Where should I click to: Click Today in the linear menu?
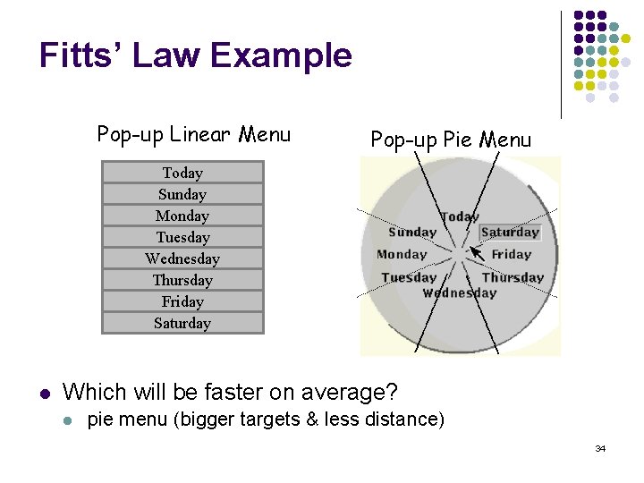182,173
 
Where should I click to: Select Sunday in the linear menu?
182,194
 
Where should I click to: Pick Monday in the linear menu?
182,216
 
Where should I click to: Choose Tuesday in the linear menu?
182,237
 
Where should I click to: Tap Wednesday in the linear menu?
182,258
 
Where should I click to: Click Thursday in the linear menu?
182,280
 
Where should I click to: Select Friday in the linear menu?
182,301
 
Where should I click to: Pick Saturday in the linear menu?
182,323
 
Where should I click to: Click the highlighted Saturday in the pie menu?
510,233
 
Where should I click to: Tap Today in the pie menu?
460,216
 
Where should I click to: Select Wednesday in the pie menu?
460,292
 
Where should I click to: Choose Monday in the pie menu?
402,254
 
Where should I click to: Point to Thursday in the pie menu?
513,277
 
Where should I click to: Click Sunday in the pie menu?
412,233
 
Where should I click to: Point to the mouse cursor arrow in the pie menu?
478,254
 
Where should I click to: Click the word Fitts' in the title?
84,55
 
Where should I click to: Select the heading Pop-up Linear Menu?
194,135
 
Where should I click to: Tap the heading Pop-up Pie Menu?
451,140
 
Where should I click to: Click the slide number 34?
600,448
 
